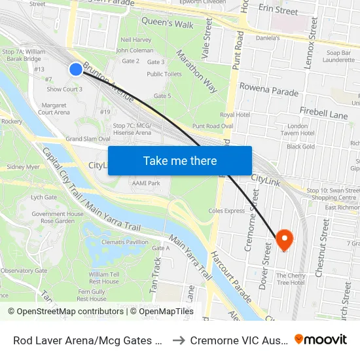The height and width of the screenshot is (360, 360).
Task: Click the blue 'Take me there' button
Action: [180, 160]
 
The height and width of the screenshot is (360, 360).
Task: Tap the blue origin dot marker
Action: [76, 69]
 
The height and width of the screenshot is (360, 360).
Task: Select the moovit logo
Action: [321, 340]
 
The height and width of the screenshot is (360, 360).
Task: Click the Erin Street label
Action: [278, 10]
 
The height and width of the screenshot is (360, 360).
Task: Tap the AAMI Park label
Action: [145, 183]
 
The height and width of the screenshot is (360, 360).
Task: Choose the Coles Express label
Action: [226, 211]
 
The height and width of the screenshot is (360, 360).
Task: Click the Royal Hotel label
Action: [235, 115]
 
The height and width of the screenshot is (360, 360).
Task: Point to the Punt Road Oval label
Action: [213, 126]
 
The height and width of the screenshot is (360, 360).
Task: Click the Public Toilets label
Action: [164, 74]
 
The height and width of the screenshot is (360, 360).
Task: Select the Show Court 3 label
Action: [64, 89]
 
